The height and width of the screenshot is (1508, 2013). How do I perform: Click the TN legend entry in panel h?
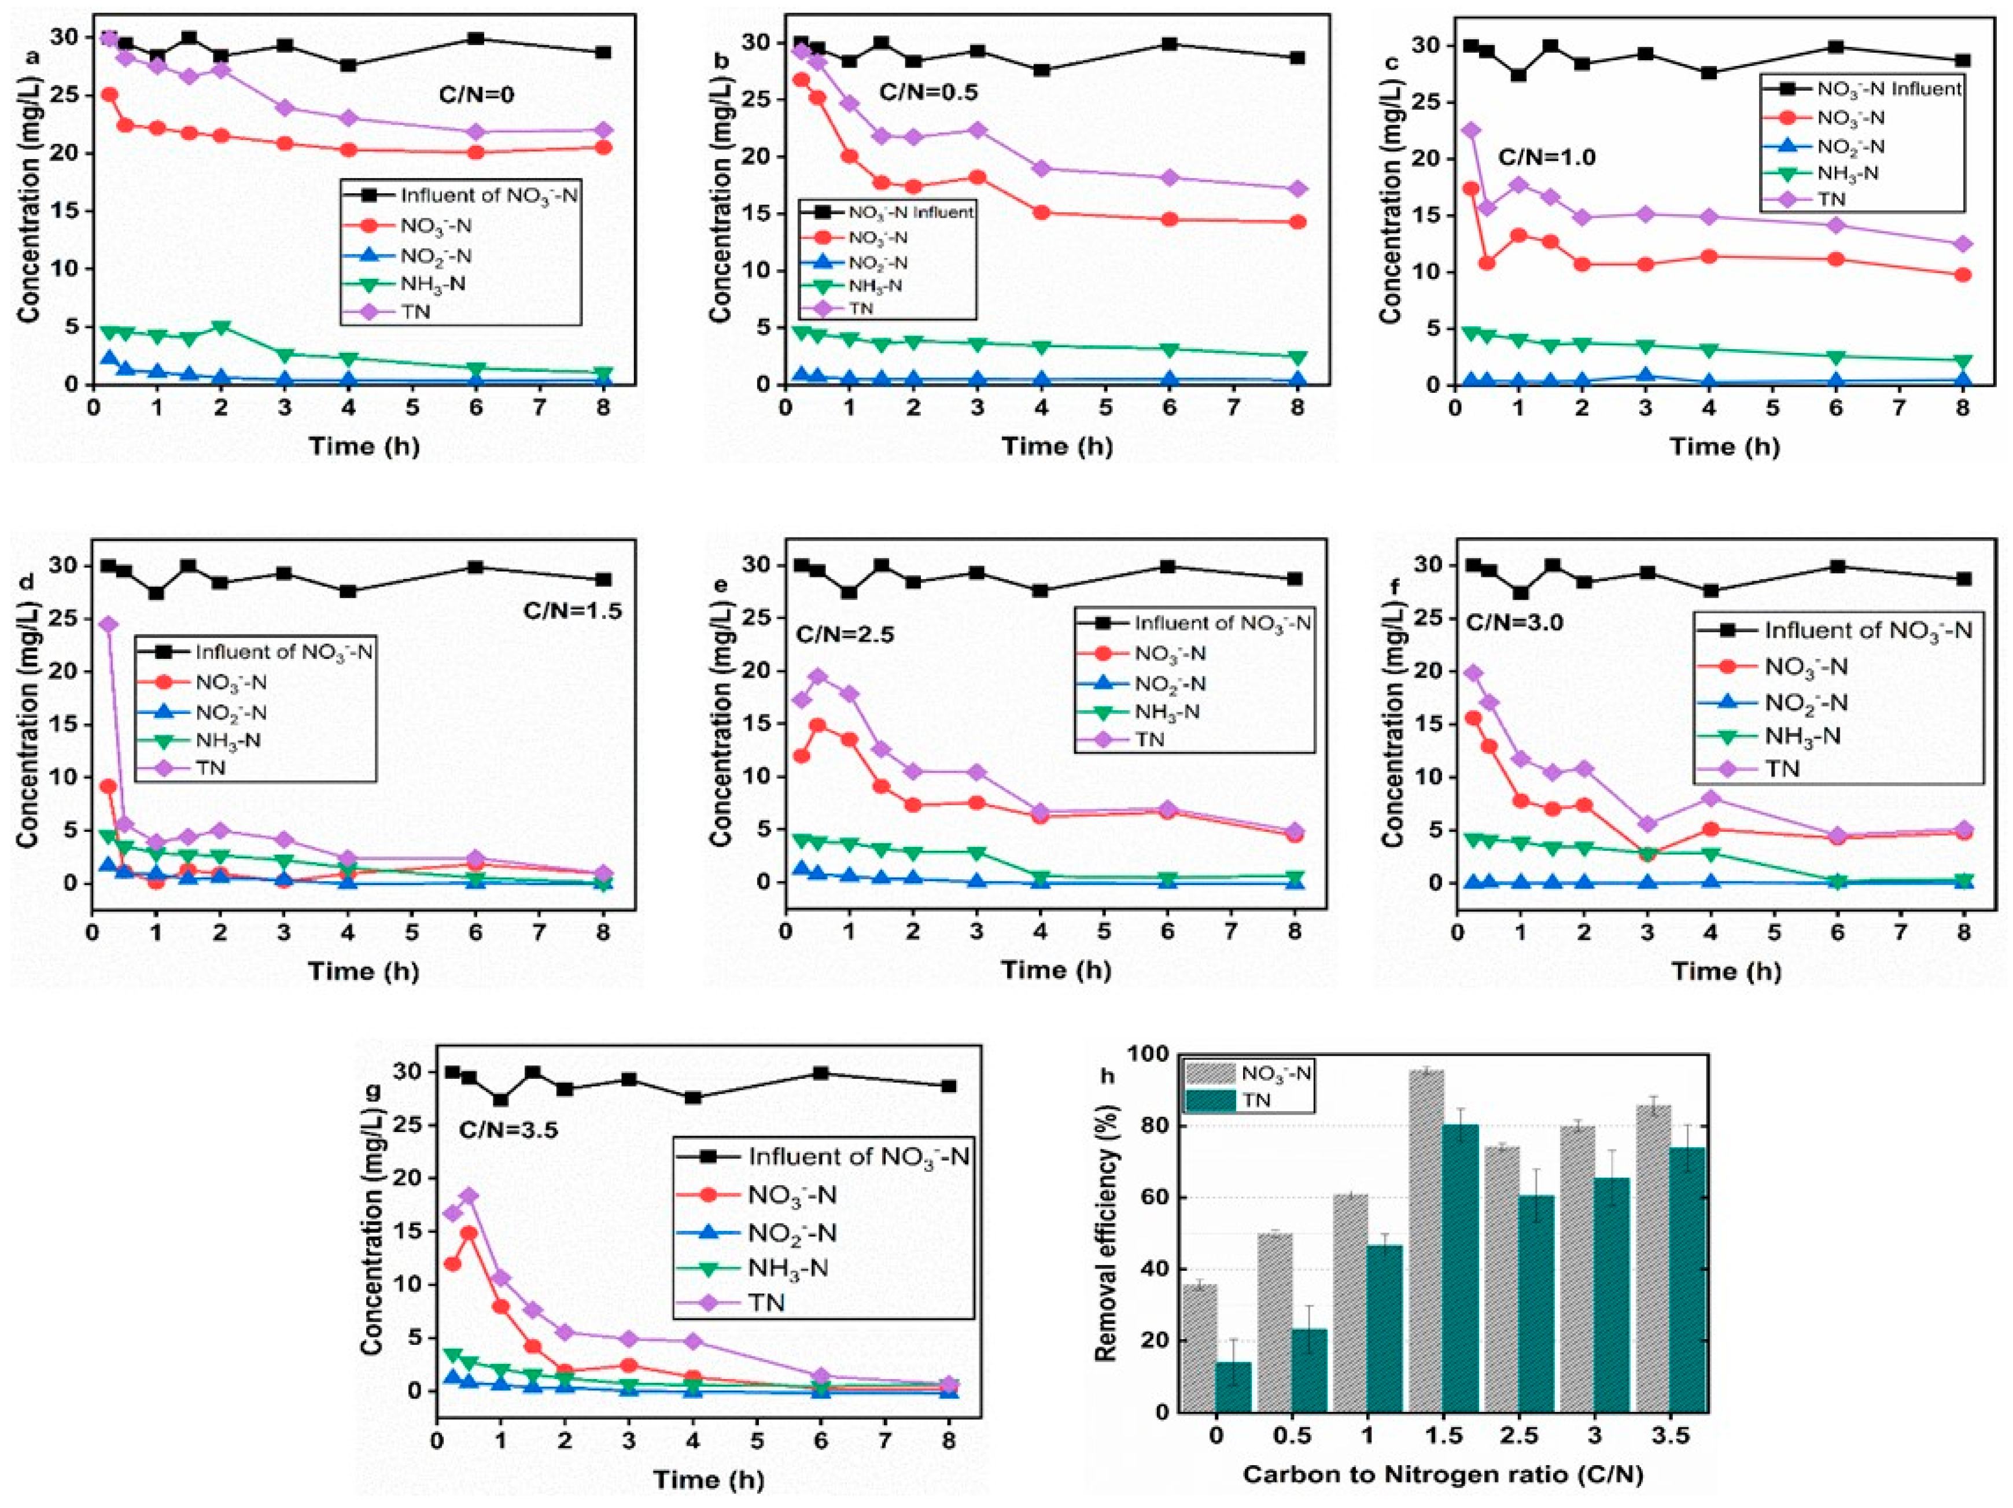(1255, 1100)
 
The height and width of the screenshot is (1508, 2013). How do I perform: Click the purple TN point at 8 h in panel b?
(1297, 189)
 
